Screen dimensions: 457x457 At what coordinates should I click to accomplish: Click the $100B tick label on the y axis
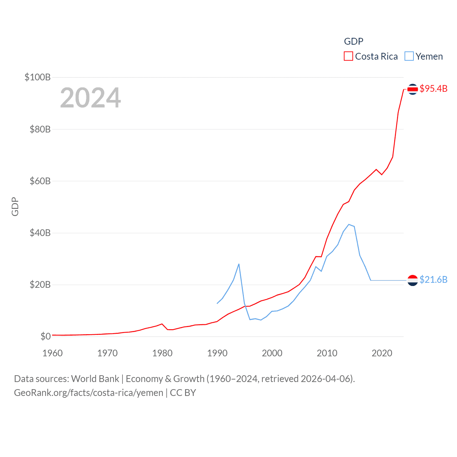pos(37,77)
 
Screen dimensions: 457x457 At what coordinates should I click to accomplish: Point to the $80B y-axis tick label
pos(40,129)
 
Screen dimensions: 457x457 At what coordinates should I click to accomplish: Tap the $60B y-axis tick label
pos(40,181)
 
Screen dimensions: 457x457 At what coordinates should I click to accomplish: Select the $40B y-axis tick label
pos(40,233)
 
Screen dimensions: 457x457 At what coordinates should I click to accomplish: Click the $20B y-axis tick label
pos(40,285)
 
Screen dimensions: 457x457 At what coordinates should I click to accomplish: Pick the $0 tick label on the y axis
pos(46,336)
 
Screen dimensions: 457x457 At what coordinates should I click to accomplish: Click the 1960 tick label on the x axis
pos(52,353)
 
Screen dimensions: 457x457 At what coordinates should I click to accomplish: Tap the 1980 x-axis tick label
pos(162,353)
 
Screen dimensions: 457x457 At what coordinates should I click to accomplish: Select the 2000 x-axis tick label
pos(272,353)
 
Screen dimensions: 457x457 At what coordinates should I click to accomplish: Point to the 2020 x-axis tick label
pos(382,353)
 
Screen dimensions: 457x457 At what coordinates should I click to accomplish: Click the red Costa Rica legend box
pos(348,56)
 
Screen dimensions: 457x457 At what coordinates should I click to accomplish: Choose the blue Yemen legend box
pos(409,56)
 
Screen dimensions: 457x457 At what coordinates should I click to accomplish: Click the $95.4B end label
pos(433,89)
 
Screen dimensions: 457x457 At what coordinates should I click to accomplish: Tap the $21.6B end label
pos(433,280)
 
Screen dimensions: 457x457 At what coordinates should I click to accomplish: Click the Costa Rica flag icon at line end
pos(413,89)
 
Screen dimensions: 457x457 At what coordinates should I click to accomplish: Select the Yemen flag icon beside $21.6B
pos(413,280)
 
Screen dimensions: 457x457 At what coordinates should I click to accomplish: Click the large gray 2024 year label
pos(90,98)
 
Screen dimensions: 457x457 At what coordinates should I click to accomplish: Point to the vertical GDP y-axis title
pos(15,206)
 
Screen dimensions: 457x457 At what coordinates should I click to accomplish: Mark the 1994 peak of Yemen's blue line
pos(239,264)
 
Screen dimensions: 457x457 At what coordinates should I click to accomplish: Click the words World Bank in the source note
pos(95,379)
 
